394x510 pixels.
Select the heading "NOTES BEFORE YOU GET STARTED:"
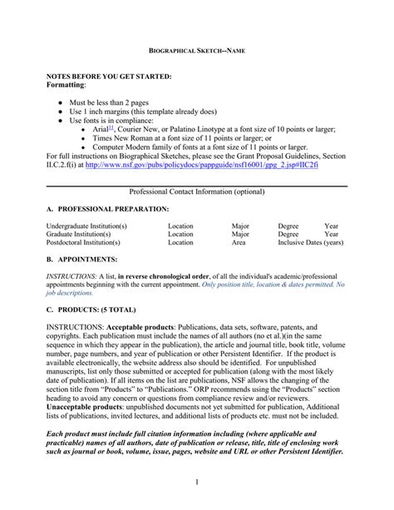pyautogui.click(x=108, y=77)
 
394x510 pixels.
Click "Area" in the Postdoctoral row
pyautogui.click(x=239, y=243)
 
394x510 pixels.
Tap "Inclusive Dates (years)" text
pyautogui.click(x=310, y=243)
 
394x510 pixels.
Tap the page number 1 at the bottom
pyautogui.click(x=197, y=482)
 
